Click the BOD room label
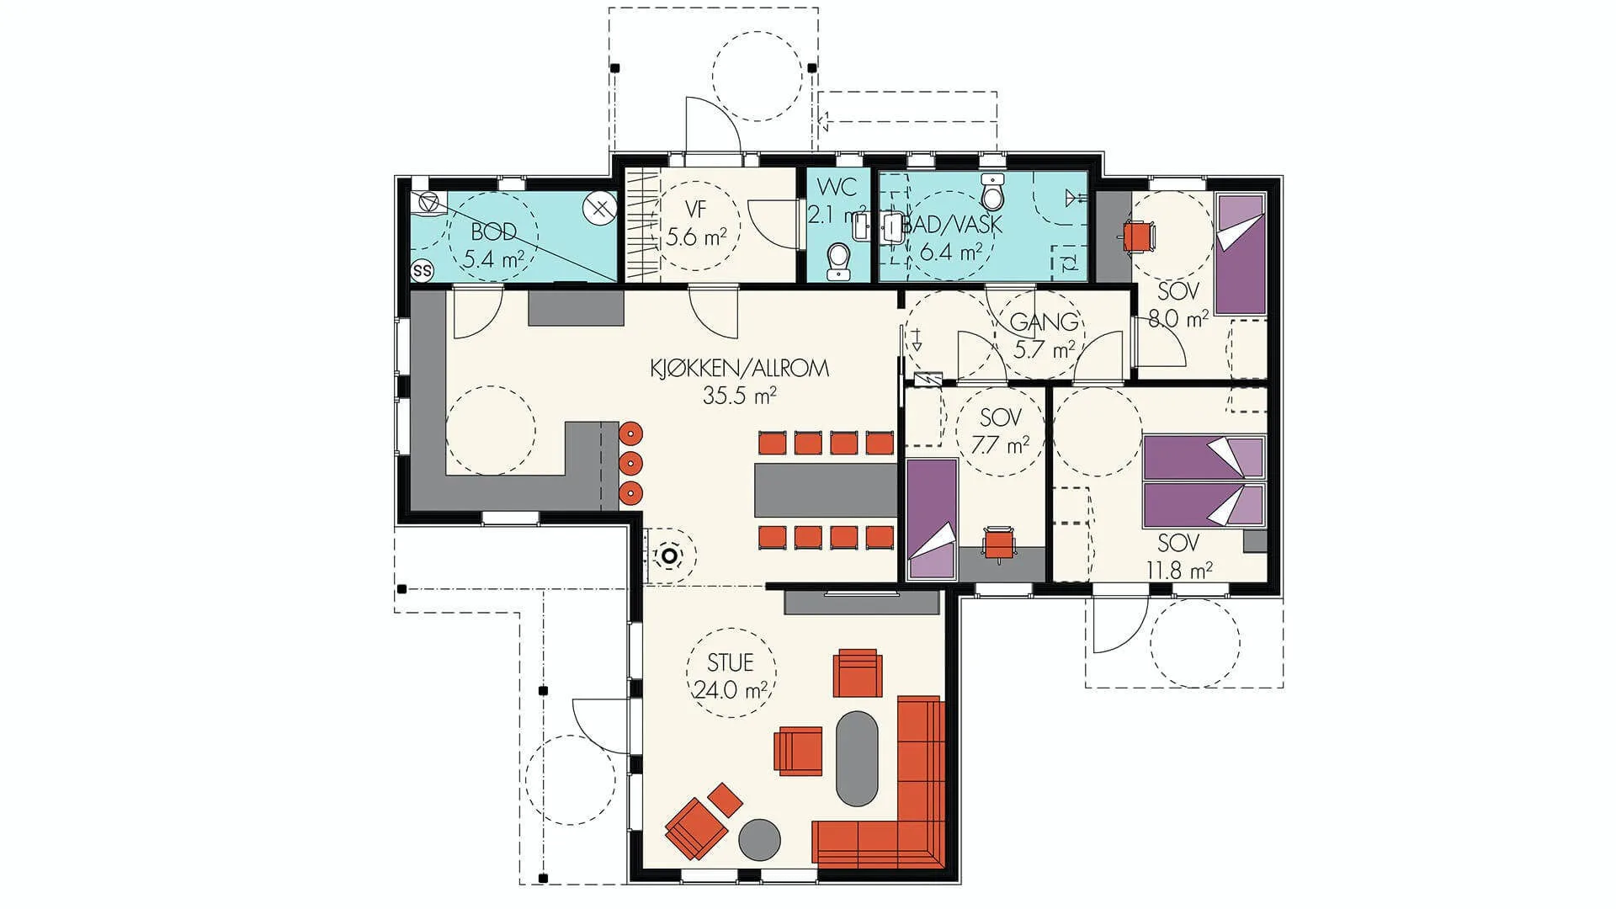click(493, 231)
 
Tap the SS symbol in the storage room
click(422, 271)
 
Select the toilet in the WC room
click(837, 261)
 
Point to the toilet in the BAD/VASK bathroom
click(993, 194)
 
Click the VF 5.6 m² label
click(695, 223)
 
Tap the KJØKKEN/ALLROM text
click(739, 369)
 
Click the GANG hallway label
click(1044, 322)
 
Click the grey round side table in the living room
click(760, 839)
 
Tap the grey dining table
click(826, 491)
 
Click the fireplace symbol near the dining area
click(669, 555)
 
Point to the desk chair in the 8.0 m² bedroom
click(1139, 236)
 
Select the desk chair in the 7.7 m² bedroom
click(999, 542)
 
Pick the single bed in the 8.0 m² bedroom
click(1241, 255)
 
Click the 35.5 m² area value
click(739, 396)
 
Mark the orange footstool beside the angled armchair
click(726, 800)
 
